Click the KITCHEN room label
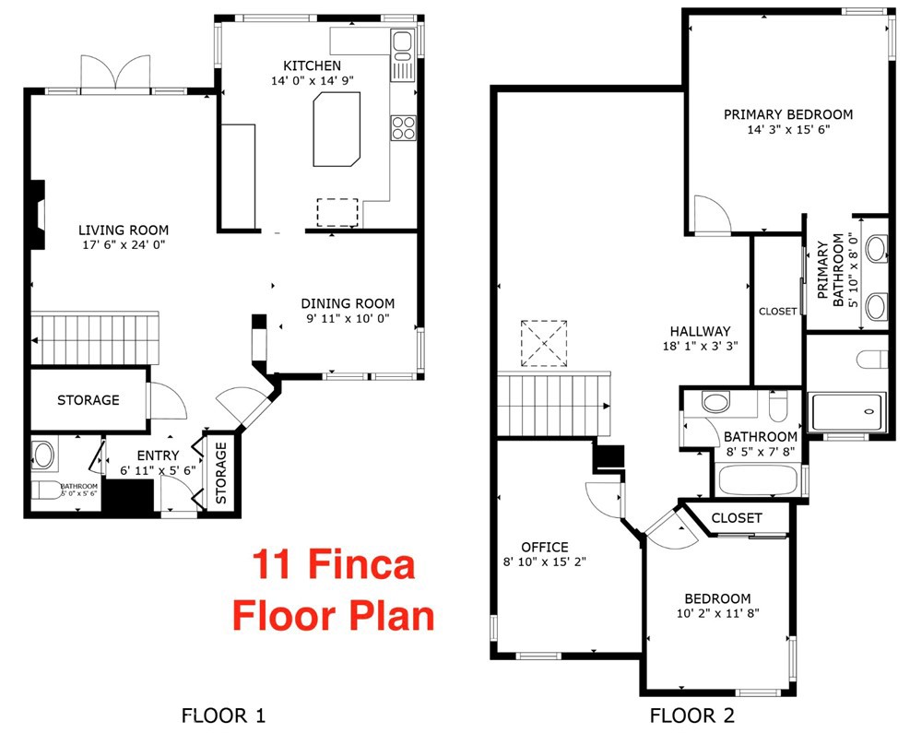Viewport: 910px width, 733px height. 312,65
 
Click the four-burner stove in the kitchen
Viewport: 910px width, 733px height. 403,126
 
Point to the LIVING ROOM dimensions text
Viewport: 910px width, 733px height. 124,245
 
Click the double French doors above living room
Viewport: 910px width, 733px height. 115,73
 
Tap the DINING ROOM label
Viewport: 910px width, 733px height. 348,303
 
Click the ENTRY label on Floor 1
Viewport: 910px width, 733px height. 158,455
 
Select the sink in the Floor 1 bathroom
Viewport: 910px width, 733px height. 43,455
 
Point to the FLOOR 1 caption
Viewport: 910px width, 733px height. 224,714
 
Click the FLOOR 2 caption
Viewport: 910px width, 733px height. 692,714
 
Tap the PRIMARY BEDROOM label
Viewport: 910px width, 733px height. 787,114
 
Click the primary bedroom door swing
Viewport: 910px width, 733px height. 711,214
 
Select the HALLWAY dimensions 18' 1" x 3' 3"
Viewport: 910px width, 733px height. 700,347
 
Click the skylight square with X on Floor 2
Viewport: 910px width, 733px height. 544,343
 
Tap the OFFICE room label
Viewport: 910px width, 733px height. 544,547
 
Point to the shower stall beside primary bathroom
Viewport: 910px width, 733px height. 846,411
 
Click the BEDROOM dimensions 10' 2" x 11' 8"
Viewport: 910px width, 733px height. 716,612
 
